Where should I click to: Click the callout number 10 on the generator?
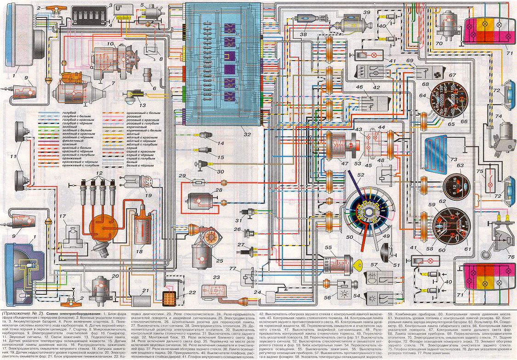(110, 44)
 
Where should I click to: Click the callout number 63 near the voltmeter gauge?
(460, 166)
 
